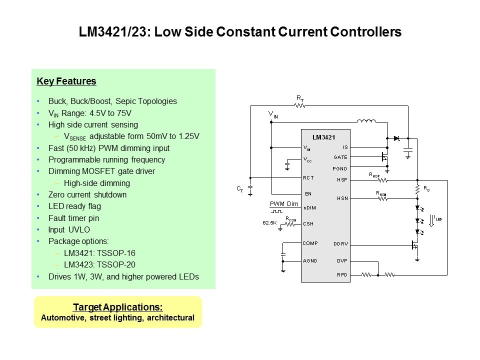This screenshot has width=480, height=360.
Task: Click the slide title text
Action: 240,32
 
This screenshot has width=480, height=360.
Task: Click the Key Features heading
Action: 66,81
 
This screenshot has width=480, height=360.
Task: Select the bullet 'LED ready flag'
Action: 74,206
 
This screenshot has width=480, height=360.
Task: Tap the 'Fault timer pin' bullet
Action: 74,218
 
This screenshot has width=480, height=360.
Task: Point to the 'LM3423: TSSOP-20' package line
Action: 99,265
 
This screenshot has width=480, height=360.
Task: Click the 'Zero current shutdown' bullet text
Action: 87,194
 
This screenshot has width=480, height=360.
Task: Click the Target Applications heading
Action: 117,307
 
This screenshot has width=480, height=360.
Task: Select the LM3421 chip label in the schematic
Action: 323,137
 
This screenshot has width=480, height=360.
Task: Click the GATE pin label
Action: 340,157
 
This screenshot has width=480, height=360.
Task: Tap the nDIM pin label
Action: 310,207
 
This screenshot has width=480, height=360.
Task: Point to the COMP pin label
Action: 310,243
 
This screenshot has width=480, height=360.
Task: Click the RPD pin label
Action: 342,274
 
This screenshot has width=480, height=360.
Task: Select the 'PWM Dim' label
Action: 284,204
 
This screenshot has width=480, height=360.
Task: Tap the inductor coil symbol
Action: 365,120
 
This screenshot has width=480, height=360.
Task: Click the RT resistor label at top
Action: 300,99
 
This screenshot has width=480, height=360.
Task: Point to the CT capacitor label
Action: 240,189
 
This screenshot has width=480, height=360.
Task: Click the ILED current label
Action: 438,218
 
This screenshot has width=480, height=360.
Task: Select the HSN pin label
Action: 342,198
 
